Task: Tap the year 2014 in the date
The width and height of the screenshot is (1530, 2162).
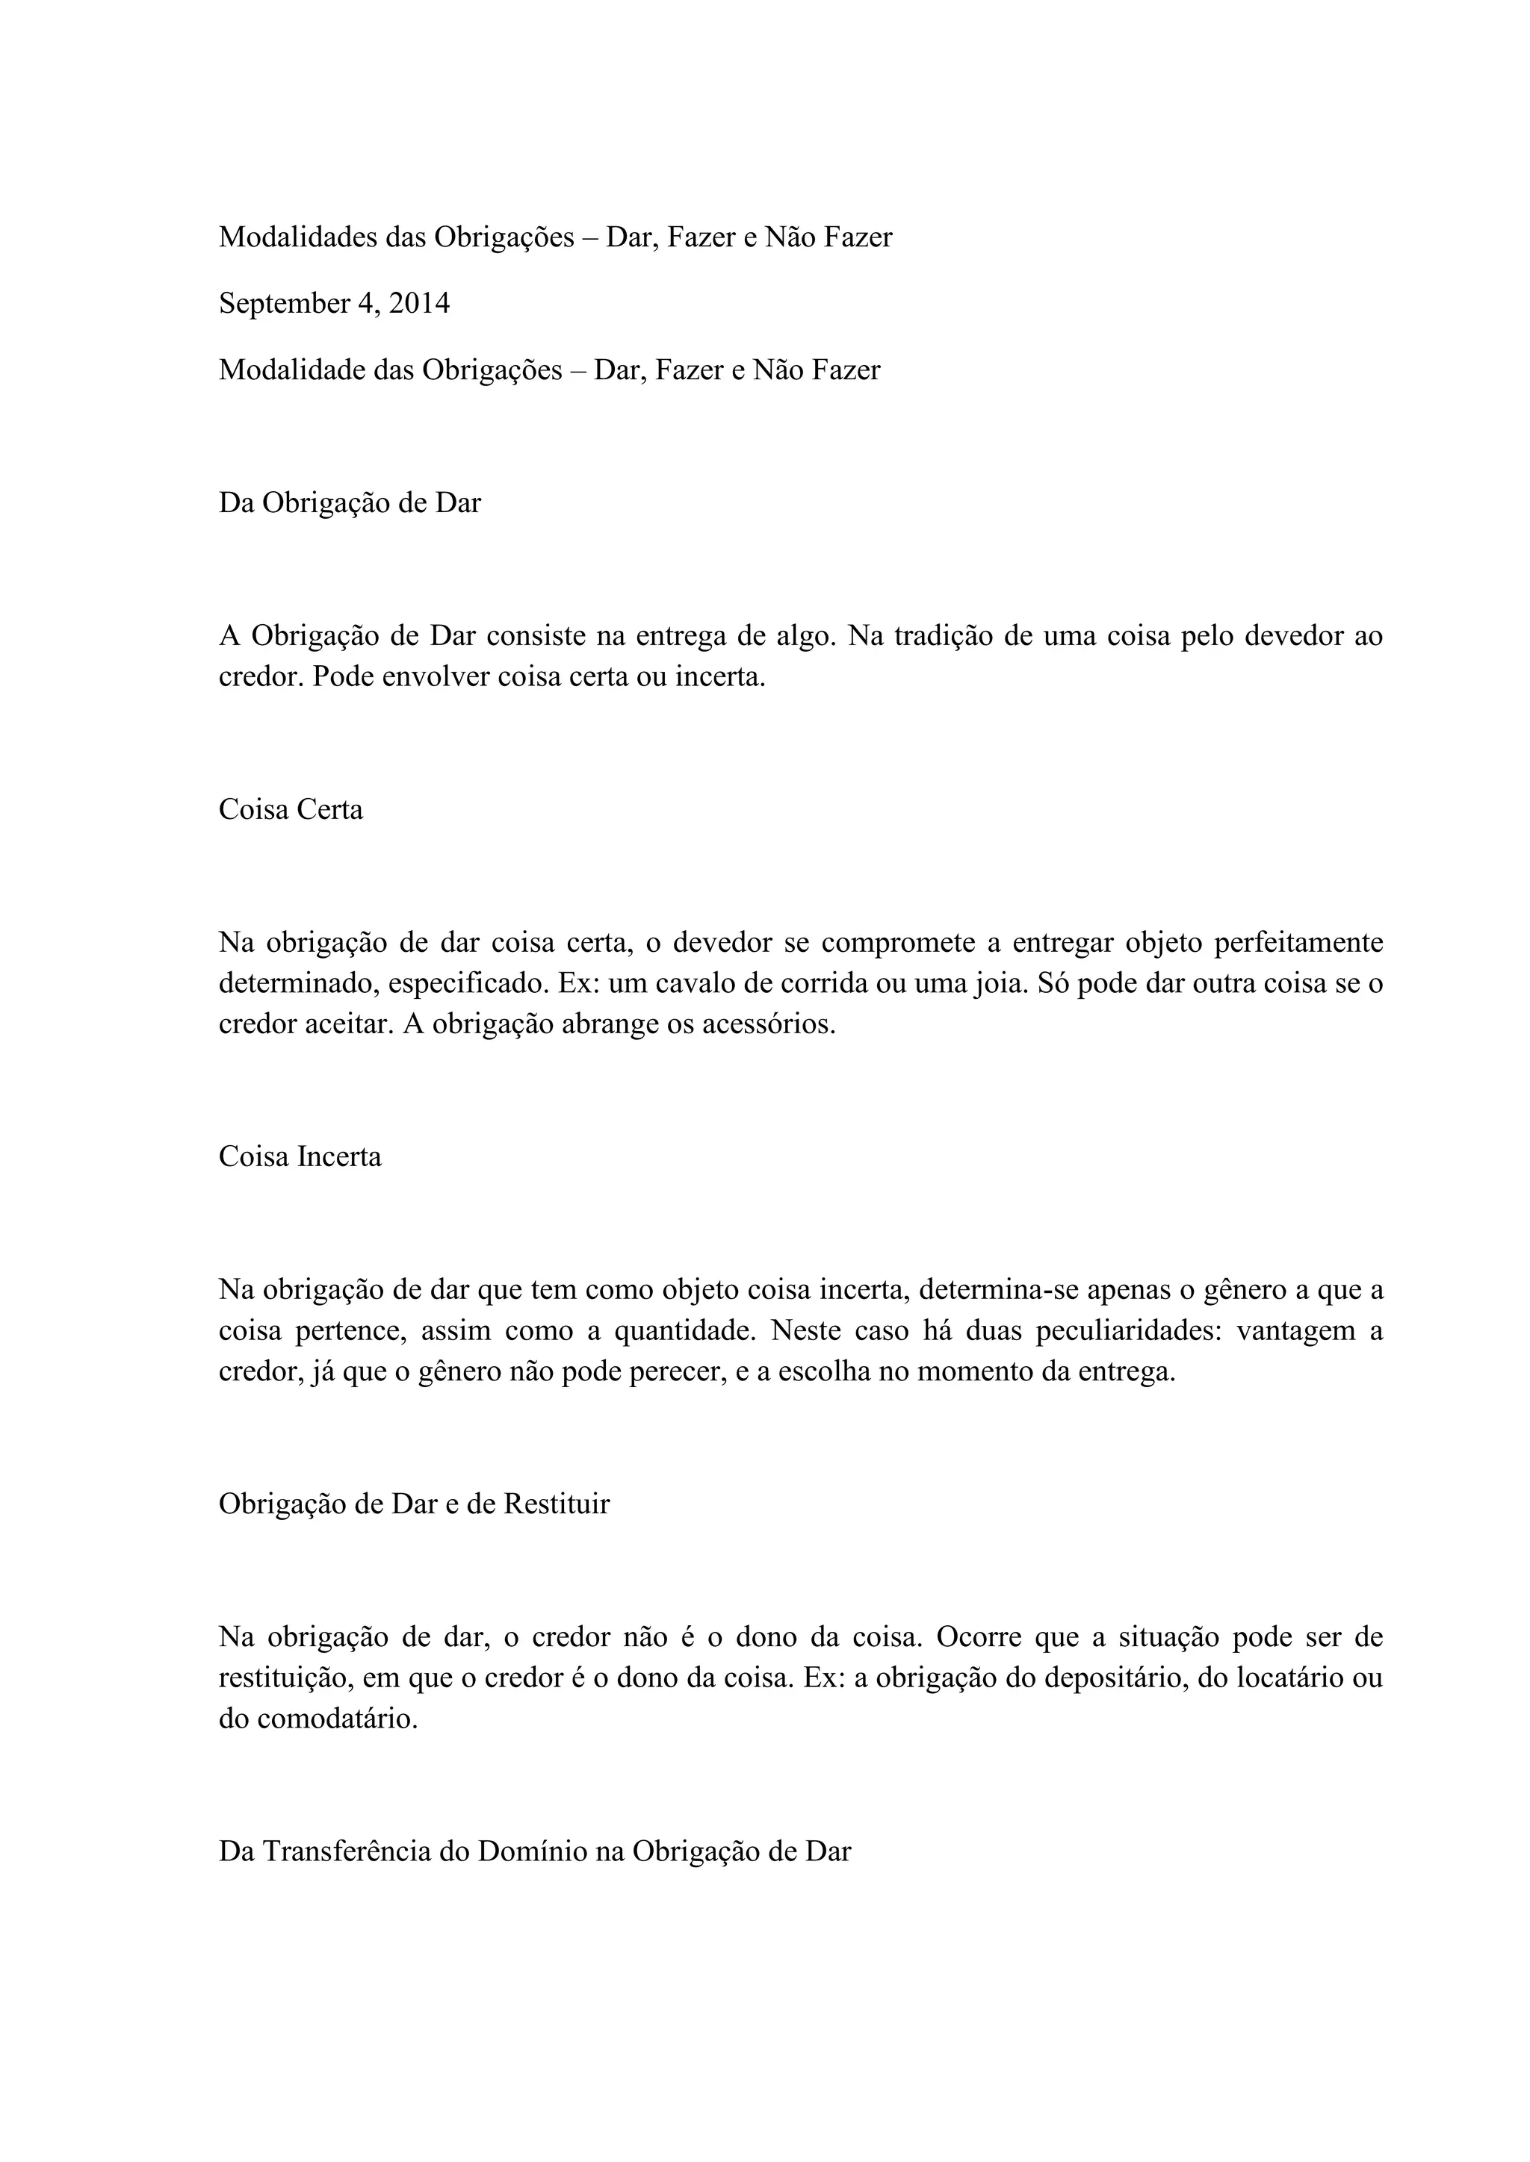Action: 419,304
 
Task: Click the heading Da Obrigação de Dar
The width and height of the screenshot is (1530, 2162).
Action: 350,504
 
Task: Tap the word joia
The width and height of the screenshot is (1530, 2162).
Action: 1058,984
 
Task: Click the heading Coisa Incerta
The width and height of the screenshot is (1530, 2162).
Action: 300,1156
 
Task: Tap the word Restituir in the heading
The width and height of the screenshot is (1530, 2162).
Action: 556,1505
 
